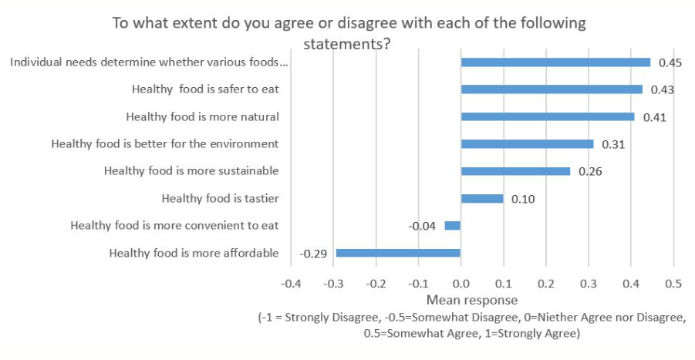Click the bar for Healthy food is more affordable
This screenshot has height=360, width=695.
pyautogui.click(x=397, y=253)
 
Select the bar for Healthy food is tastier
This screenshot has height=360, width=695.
pyautogui.click(x=481, y=199)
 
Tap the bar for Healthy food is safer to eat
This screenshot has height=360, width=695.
pyautogui.click(x=551, y=89)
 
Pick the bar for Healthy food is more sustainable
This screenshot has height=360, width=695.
pyautogui.click(x=515, y=171)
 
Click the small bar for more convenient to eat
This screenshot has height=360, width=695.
pyautogui.click(x=452, y=226)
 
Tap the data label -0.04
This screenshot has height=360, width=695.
pyautogui.click(x=423, y=226)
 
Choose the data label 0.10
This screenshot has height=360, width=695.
pyautogui.click(x=521, y=199)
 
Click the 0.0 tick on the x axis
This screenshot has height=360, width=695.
pyautogui.click(x=461, y=283)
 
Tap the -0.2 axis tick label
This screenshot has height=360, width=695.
pyautogui.click(x=375, y=283)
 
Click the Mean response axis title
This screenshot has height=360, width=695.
pyautogui.click(x=471, y=300)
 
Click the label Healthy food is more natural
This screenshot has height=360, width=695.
pyautogui.click(x=201, y=117)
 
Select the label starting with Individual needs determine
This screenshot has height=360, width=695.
pyautogui.click(x=148, y=62)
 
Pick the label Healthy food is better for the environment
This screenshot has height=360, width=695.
pyautogui.click(x=164, y=144)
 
